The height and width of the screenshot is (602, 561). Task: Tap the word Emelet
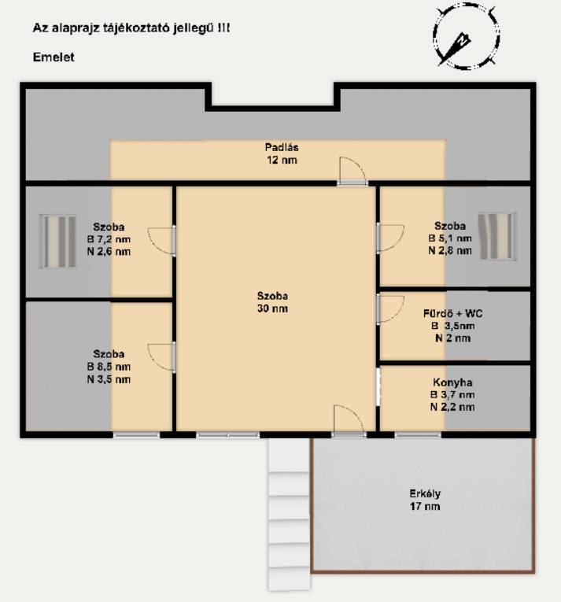click(54, 57)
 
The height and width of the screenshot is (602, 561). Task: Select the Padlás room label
click(282, 147)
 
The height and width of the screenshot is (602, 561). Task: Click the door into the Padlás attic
click(352, 172)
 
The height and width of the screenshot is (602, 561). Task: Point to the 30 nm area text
click(272, 308)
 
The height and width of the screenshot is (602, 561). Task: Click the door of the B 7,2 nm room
click(162, 241)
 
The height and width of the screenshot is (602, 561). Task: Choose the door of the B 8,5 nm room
click(162, 357)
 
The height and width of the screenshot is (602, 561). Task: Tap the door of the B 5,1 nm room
click(389, 238)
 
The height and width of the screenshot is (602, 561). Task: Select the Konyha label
click(452, 382)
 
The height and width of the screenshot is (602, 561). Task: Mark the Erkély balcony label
click(425, 493)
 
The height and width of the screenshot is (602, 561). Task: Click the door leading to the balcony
click(349, 421)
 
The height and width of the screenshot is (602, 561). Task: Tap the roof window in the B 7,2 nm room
click(58, 241)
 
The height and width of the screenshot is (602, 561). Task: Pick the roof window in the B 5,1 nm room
click(497, 237)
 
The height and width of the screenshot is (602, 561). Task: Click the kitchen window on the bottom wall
click(418, 435)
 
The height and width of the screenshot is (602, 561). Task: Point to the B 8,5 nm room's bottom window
click(136, 435)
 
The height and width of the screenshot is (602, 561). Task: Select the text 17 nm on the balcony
click(425, 506)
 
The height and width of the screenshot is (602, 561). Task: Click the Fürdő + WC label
click(452, 313)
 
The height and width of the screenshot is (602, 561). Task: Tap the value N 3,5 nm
click(109, 379)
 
